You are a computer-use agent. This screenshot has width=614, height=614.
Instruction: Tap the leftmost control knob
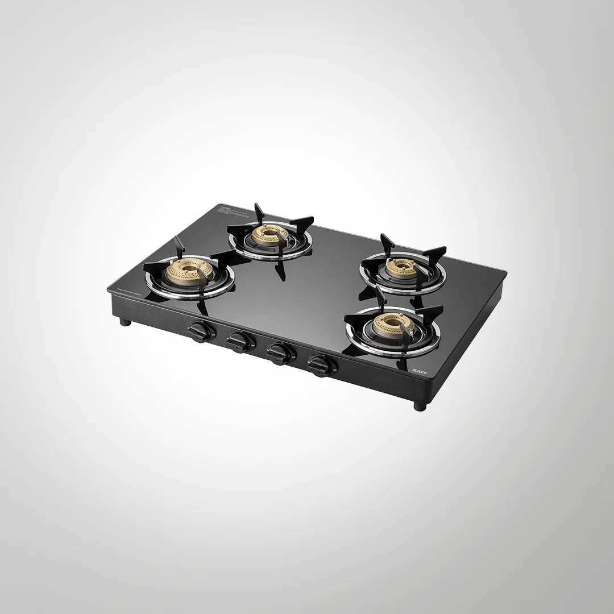coord(200,330)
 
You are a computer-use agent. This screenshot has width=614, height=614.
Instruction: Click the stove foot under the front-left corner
coord(123,323)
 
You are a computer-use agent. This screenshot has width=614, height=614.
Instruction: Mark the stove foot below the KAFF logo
coord(419,406)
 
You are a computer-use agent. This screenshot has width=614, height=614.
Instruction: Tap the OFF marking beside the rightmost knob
coord(335,369)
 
